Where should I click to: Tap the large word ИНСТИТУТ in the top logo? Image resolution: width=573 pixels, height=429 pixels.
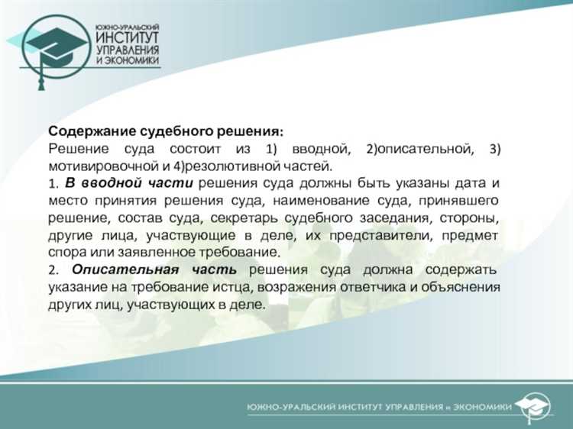point(128,37)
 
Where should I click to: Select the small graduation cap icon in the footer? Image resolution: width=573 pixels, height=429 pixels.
point(532,405)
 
